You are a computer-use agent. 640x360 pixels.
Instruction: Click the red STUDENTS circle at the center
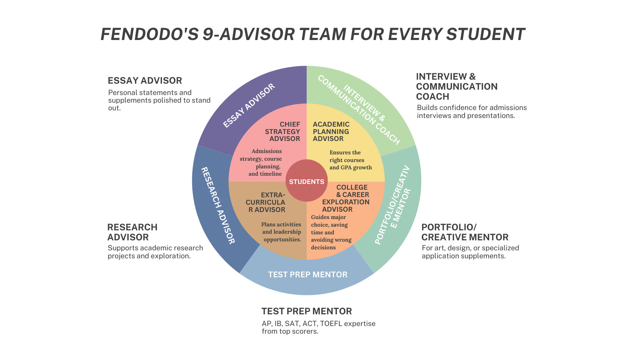[306, 181]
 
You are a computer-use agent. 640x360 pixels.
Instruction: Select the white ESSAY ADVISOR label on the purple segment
[249, 105]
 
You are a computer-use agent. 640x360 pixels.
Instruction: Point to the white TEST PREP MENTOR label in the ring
[308, 275]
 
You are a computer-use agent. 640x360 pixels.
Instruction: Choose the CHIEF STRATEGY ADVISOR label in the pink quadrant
[283, 132]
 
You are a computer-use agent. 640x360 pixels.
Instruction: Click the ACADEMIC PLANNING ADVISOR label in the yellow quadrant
[331, 132]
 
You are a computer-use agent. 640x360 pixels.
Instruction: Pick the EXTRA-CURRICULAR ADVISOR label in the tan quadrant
[266, 202]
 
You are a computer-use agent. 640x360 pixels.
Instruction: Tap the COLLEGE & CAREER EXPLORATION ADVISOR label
[346, 198]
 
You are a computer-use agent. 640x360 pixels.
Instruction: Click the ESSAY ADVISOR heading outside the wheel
[145, 81]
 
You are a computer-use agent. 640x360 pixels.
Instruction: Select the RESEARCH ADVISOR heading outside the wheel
[132, 232]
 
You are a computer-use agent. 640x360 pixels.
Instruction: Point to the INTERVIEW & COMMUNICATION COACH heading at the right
[456, 87]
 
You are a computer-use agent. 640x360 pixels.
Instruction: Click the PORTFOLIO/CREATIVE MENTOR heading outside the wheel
[465, 232]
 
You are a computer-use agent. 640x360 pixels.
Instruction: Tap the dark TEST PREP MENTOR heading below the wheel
[306, 311]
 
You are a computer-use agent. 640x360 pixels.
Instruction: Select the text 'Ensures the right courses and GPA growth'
[350, 160]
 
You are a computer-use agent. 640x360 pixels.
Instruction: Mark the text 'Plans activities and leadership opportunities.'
[282, 232]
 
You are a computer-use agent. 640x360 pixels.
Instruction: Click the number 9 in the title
[208, 35]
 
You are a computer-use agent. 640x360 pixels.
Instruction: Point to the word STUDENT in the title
[485, 35]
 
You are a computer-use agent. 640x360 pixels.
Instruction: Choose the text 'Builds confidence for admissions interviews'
[472, 112]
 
